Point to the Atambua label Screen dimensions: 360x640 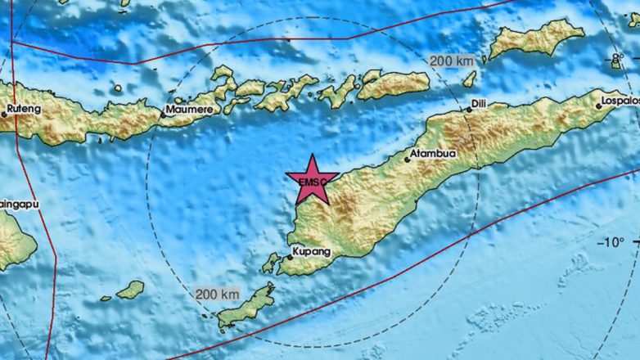[x=432, y=151]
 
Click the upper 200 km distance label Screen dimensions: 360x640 [x=450, y=60]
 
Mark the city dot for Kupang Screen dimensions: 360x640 [x=289, y=257]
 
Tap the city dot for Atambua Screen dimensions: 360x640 [x=407, y=160]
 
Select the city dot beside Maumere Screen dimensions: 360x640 [x=162, y=115]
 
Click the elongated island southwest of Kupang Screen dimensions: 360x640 [x=245, y=306]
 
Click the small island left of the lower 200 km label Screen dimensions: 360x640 [x=131, y=289]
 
